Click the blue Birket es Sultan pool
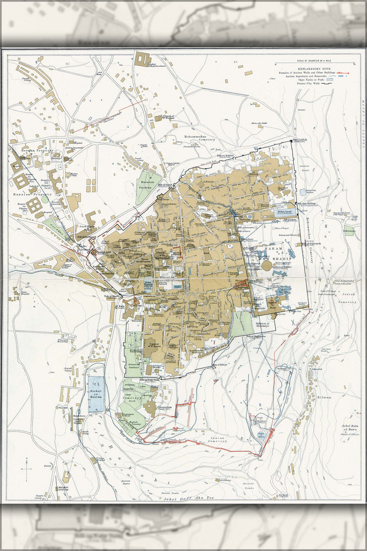(96, 393)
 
